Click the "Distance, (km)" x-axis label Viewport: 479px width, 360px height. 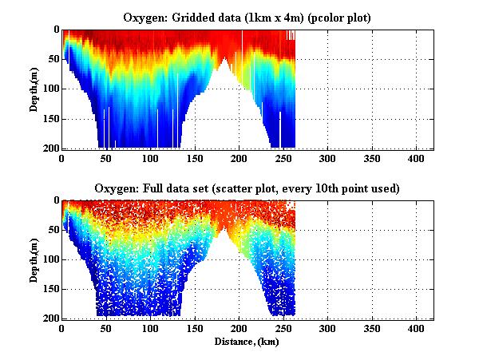coord(247,341)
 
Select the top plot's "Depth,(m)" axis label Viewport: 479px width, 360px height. coord(34,89)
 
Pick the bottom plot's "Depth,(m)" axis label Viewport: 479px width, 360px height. coord(34,259)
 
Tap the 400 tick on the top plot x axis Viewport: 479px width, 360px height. coord(416,157)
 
